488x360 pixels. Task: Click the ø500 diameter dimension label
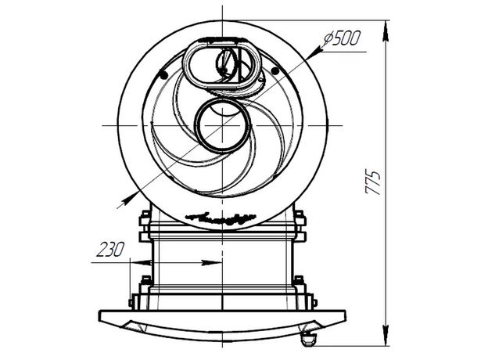pyautogui.click(x=342, y=38)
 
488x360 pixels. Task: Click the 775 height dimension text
pyautogui.click(x=373, y=182)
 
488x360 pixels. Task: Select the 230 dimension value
pyautogui.click(x=110, y=250)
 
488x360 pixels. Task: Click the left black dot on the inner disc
pyautogui.click(x=163, y=74)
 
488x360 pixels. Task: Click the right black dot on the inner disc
pyautogui.click(x=274, y=72)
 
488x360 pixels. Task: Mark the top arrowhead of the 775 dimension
pyautogui.click(x=386, y=31)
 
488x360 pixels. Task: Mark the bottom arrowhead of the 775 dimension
pyautogui.click(x=386, y=335)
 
